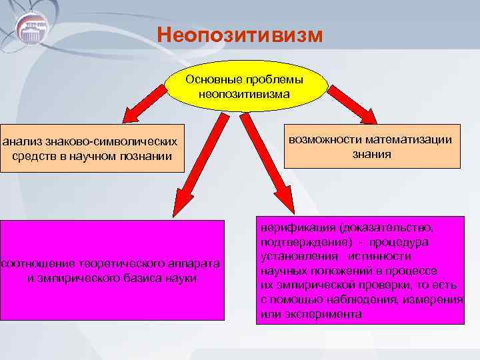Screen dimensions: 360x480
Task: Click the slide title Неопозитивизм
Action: tap(240, 34)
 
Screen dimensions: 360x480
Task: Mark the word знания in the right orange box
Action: tap(372, 154)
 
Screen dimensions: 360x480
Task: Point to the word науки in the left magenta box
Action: tap(181, 277)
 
